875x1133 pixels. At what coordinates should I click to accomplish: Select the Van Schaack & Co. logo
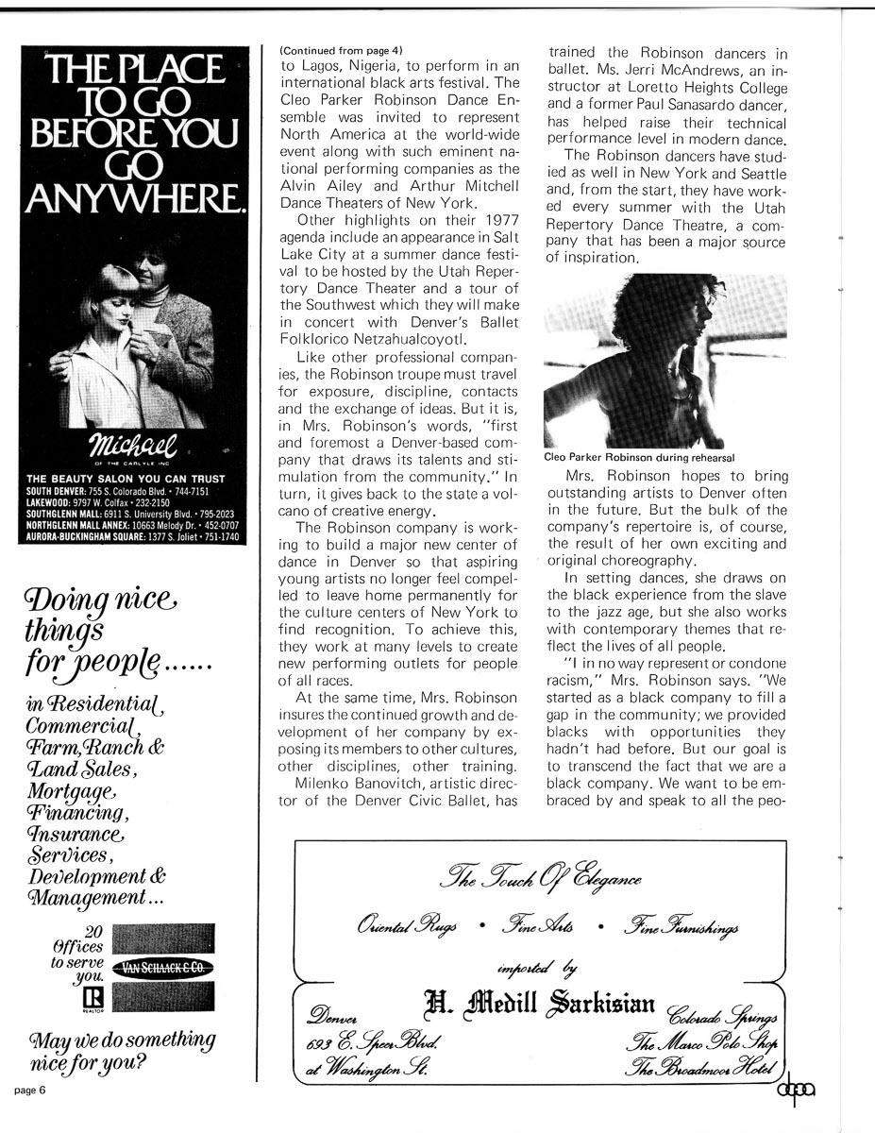tap(162, 967)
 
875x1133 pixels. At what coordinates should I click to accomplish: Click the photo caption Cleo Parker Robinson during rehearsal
tap(640, 458)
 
